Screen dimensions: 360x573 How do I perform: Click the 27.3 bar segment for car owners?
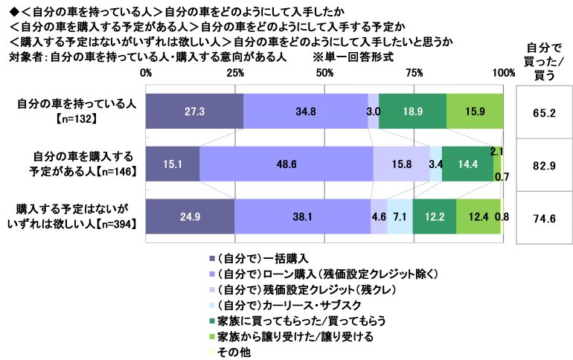click(x=194, y=112)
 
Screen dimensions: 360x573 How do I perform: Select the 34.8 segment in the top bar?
click(x=305, y=112)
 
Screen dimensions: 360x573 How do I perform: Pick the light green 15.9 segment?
click(x=475, y=112)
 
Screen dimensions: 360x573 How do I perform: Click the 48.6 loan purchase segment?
click(x=286, y=164)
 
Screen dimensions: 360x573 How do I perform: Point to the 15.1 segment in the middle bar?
click(x=173, y=164)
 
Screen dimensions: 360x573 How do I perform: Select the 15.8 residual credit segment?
click(x=401, y=164)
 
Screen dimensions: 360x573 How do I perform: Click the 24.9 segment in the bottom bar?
click(x=190, y=217)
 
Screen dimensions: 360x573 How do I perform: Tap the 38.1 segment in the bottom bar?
click(x=302, y=217)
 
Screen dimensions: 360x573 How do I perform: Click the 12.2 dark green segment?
click(x=435, y=217)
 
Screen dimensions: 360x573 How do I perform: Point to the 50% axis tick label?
click(x=325, y=73)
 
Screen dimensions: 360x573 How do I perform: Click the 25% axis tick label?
click(x=235, y=73)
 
